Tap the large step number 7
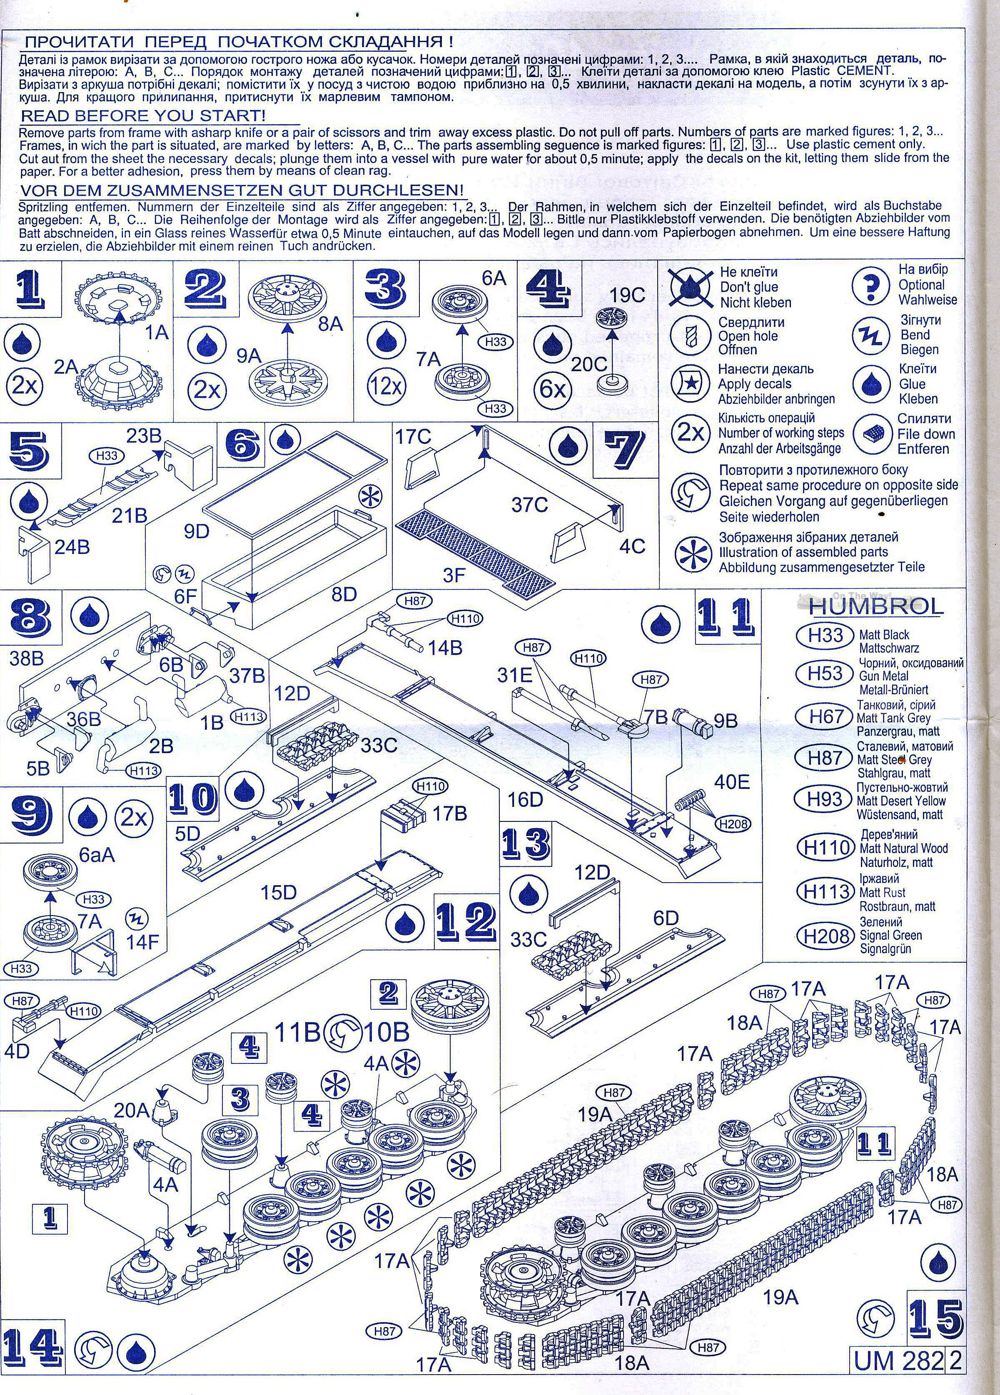coord(623,450)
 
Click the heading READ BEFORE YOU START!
coord(143,116)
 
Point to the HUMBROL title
coord(876,606)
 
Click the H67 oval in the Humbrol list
coord(825,716)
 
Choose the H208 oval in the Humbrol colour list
coord(826,936)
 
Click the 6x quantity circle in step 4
coord(552,389)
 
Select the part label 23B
coord(144,436)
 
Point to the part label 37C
coord(529,504)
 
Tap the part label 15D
coord(279,893)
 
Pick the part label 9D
coord(197,532)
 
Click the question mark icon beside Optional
coord(871,285)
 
